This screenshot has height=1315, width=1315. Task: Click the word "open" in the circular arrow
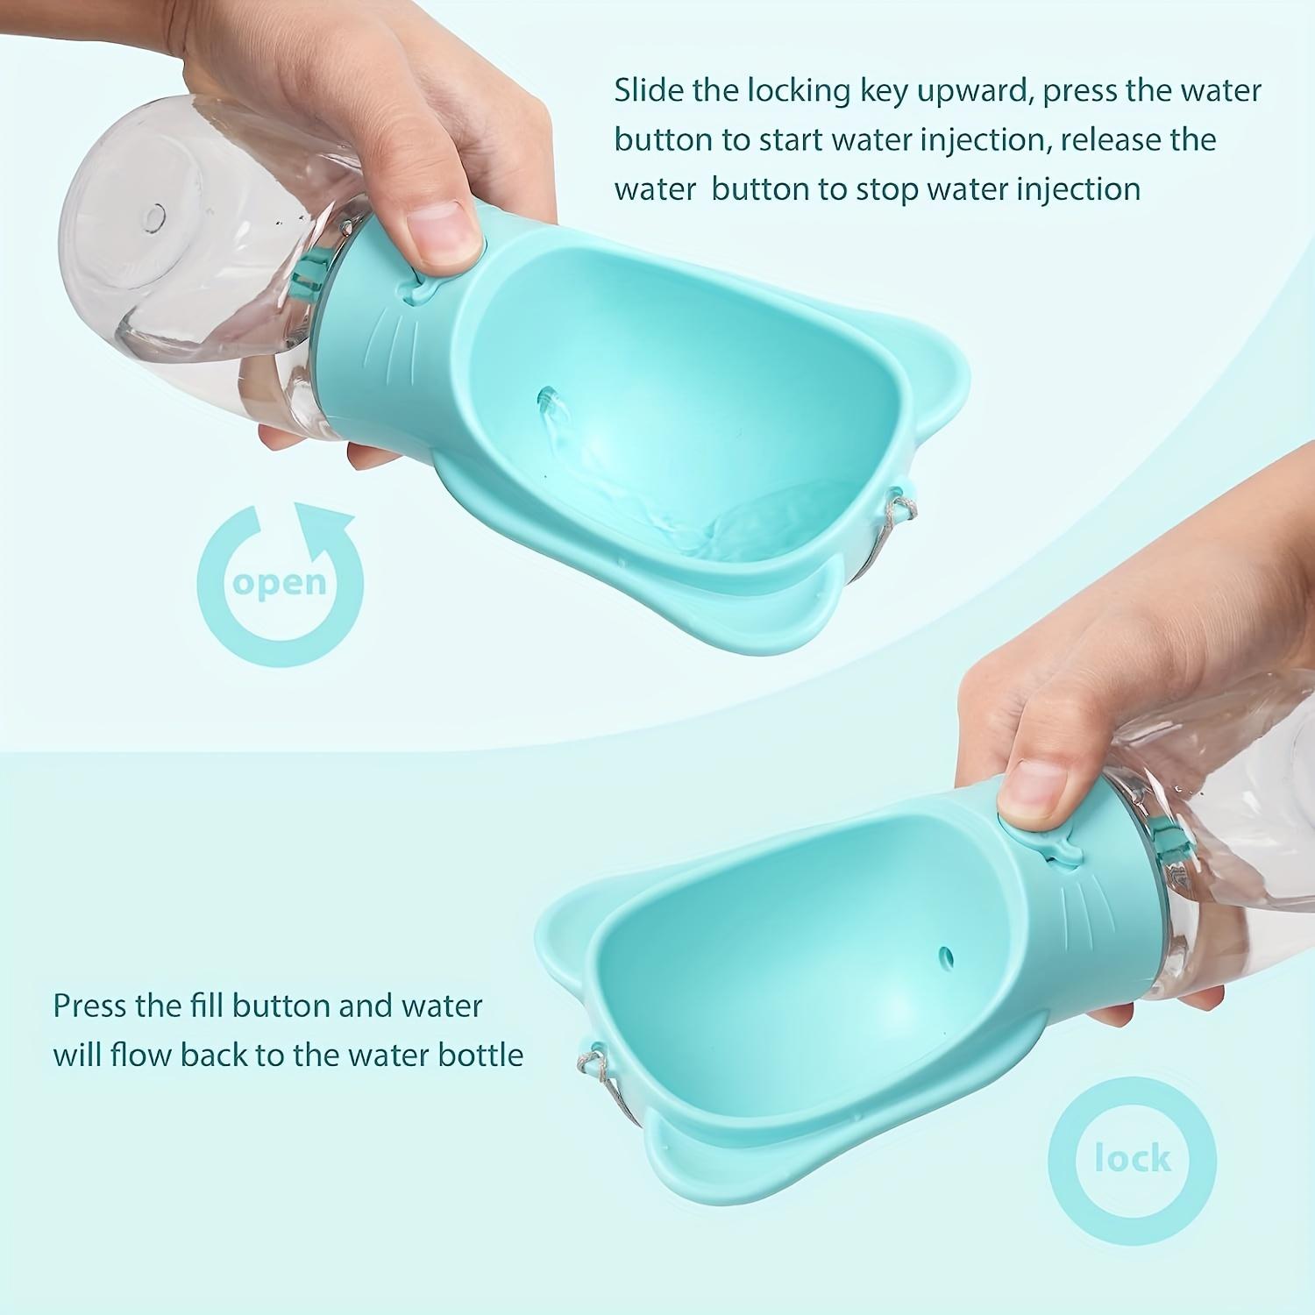280,583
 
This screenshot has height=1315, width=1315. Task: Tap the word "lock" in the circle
1133,1159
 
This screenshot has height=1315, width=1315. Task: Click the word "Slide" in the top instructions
647,90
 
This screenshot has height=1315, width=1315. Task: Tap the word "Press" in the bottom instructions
90,1005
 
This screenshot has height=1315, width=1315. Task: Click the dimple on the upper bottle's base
155,213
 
